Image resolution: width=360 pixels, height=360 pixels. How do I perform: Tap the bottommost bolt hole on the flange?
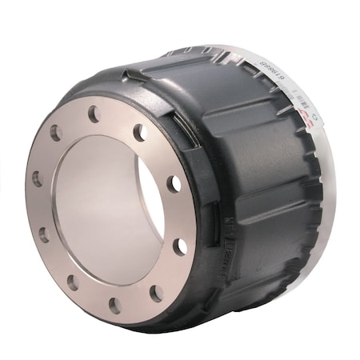(x=114, y=305)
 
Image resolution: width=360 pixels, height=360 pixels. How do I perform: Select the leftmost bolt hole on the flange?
(x=37, y=178)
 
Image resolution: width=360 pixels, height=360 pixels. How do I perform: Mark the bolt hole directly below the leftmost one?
(x=44, y=234)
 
